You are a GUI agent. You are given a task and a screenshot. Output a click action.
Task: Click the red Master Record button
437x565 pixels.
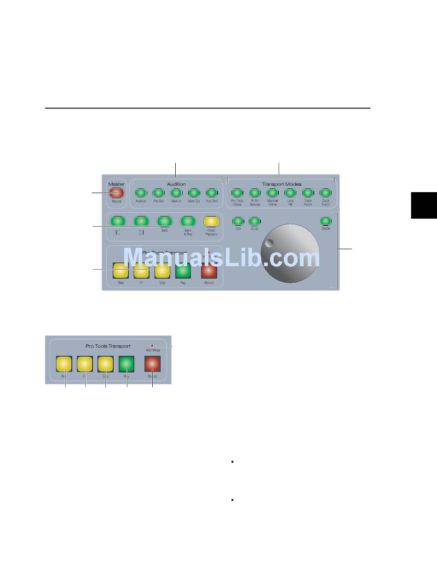(x=116, y=193)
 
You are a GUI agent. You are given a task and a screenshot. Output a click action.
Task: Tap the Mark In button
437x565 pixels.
(x=176, y=193)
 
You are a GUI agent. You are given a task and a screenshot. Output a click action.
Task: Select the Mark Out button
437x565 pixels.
(x=194, y=193)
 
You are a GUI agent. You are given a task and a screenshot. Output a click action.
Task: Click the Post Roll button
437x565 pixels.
(x=212, y=193)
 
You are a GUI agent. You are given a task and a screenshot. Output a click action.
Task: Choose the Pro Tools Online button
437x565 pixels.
(x=237, y=193)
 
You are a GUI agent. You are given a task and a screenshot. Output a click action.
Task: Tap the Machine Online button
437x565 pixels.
(x=272, y=193)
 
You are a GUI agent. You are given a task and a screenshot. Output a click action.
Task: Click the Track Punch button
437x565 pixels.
(x=308, y=193)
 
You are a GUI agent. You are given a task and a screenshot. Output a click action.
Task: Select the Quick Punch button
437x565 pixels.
(x=325, y=193)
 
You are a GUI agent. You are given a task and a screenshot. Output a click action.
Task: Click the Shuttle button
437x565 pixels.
(x=325, y=221)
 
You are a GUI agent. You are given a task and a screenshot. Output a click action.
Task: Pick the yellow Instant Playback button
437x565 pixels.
(x=211, y=221)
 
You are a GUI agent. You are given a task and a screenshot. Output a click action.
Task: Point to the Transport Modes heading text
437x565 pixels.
(x=281, y=184)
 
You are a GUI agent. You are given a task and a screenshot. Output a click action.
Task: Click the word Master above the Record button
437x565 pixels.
(x=116, y=184)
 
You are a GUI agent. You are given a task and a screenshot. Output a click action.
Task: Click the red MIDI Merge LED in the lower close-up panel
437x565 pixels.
(x=152, y=345)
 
